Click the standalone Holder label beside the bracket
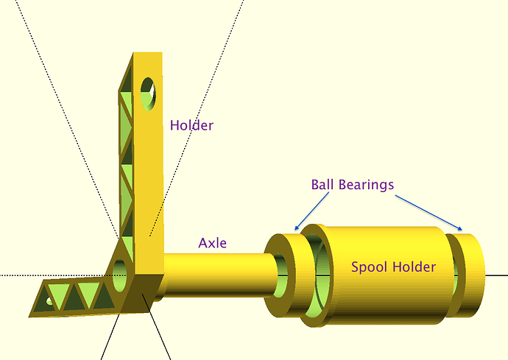[x=191, y=125]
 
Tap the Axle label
[x=212, y=242]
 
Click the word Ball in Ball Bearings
[x=324, y=184]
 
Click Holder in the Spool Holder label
[x=412, y=267]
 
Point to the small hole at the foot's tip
[x=49, y=302]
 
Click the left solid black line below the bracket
[x=110, y=338]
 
